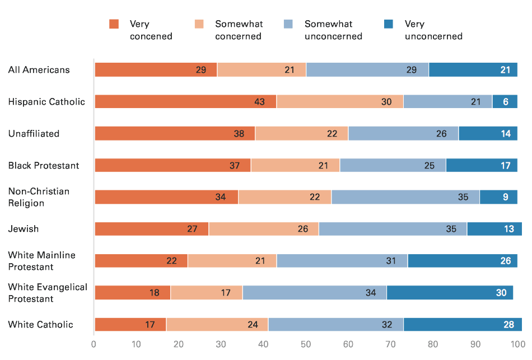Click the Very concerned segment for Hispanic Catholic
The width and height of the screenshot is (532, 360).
(x=185, y=101)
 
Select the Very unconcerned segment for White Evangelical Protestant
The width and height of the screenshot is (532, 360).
(x=449, y=293)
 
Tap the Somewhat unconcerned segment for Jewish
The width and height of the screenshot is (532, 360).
(x=392, y=229)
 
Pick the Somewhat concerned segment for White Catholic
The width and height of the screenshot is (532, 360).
(x=217, y=325)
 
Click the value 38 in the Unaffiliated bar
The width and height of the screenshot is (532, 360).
(x=239, y=134)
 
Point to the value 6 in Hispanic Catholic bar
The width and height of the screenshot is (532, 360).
(x=506, y=102)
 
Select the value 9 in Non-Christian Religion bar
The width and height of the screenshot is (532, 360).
(x=506, y=197)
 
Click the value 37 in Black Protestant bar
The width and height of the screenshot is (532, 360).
(x=235, y=166)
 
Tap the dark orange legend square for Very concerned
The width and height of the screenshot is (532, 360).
(x=114, y=24)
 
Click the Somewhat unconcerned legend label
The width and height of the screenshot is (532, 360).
(x=333, y=30)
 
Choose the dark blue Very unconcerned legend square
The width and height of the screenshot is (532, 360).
(x=389, y=24)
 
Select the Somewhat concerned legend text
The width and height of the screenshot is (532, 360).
(x=239, y=30)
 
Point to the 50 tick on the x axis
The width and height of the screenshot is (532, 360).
(x=306, y=343)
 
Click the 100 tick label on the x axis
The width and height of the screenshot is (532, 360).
(x=517, y=343)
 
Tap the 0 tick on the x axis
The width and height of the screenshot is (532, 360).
(x=94, y=343)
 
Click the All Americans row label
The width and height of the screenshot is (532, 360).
(x=39, y=70)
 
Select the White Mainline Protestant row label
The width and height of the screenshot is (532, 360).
(x=41, y=261)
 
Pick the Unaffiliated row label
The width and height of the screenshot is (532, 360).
(x=34, y=134)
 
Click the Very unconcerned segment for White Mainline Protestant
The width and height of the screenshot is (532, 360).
(x=462, y=261)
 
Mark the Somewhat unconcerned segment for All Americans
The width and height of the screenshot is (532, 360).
(x=367, y=70)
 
